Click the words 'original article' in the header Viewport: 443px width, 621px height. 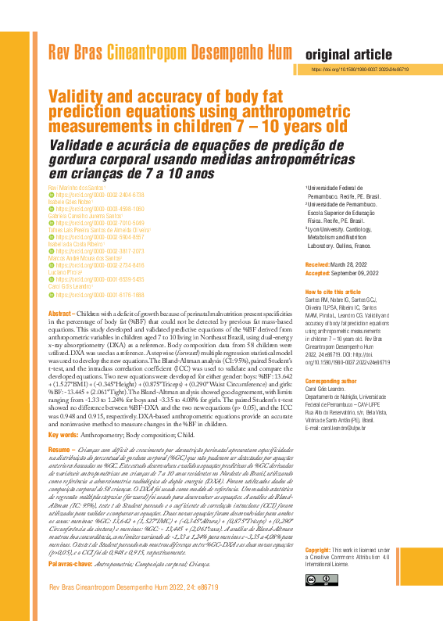pos(348,55)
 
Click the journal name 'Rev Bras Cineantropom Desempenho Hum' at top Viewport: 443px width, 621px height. pos(170,53)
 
